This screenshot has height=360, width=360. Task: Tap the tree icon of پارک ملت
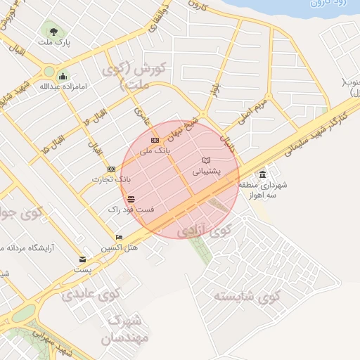53,30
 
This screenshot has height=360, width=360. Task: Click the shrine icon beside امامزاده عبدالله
63,77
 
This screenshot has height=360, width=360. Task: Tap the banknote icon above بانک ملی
155,141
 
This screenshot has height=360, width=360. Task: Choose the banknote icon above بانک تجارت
111,169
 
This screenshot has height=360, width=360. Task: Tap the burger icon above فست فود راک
131,200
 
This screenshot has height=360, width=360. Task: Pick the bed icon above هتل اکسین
119,238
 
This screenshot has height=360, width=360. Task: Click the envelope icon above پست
83,259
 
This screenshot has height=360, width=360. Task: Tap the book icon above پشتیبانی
206,160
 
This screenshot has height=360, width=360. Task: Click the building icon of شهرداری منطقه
263,174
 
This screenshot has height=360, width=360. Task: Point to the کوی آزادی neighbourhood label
205,230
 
